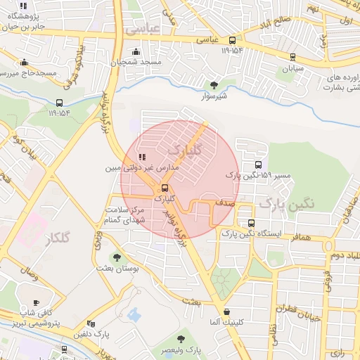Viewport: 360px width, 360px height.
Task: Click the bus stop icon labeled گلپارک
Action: pyautogui.click(x=165, y=188)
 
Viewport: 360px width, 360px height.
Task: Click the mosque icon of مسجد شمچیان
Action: pyautogui.click(x=136, y=52)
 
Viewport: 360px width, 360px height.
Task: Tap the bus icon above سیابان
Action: pyautogui.click(x=292, y=58)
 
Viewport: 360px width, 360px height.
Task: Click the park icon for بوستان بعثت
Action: pyautogui.click(x=117, y=257)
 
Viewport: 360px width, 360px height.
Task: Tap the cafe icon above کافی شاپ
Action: pyautogui.click(x=37, y=302)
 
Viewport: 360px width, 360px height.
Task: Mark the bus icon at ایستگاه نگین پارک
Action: pyautogui.click(x=251, y=223)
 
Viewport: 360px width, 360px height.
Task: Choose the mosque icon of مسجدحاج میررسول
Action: pyautogui.click(x=25, y=62)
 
